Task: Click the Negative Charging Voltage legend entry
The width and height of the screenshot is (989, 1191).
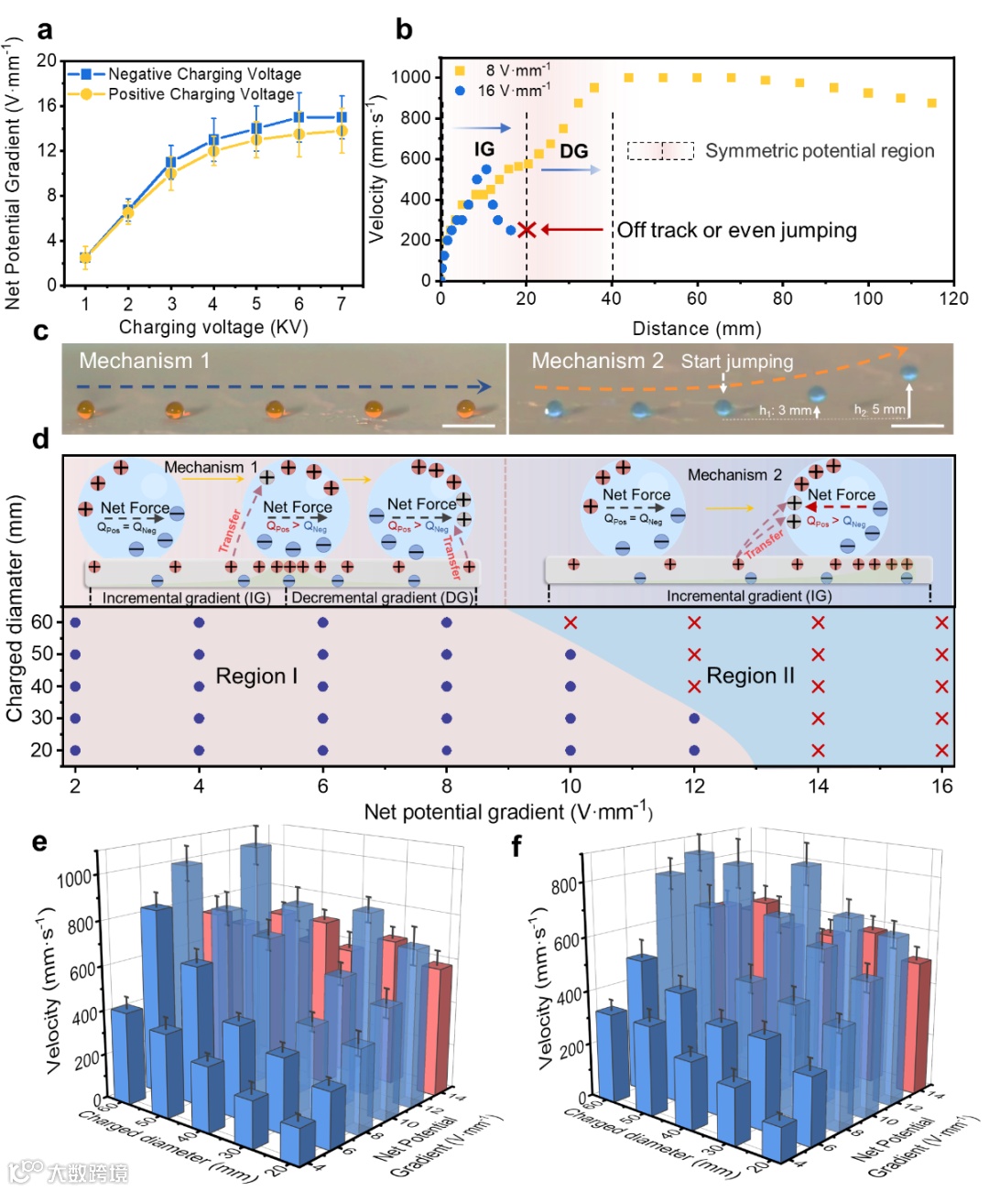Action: click(x=204, y=73)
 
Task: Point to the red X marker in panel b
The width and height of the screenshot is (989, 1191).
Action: click(x=527, y=229)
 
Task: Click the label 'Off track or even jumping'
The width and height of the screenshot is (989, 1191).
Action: click(x=736, y=230)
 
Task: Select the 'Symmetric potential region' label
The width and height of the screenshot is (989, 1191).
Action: click(x=820, y=151)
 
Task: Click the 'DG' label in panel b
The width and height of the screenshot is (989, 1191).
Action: click(x=573, y=151)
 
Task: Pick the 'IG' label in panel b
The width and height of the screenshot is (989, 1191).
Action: click(x=484, y=149)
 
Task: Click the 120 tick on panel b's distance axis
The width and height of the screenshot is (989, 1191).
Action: click(x=953, y=298)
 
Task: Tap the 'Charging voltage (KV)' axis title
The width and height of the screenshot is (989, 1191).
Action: click(x=213, y=327)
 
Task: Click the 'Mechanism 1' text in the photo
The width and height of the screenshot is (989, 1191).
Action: click(x=144, y=361)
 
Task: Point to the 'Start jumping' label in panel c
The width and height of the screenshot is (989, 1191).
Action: click(x=736, y=361)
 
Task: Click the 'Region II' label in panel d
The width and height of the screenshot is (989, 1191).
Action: click(x=751, y=676)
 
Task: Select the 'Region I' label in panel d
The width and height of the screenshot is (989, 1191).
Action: click(x=256, y=677)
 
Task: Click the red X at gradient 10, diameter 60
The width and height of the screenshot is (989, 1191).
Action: click(x=571, y=623)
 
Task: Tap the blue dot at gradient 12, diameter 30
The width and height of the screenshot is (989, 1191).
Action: click(x=694, y=719)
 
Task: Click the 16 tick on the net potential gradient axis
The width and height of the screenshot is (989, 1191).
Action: click(x=942, y=785)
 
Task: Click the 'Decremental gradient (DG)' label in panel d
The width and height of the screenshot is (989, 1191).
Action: click(x=382, y=598)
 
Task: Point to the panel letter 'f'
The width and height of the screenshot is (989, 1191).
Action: click(x=516, y=845)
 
